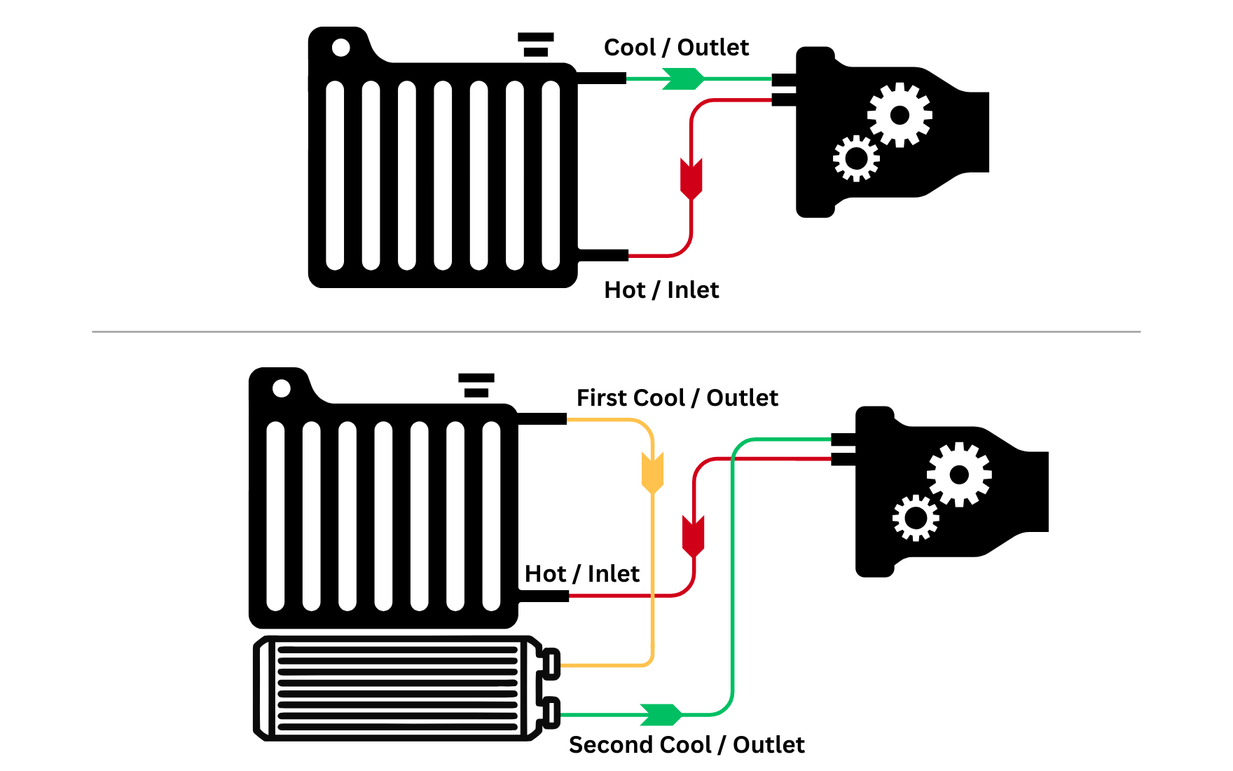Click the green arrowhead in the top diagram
coord(683,79)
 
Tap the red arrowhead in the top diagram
coord(691,178)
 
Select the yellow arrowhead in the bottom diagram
coord(652,472)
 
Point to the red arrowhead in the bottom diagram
coord(694,536)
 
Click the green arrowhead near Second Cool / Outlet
coord(661,714)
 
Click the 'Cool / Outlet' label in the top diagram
coord(676,48)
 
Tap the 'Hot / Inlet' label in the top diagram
coord(661,290)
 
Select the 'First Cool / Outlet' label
coord(677,398)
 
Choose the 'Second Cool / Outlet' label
coord(687,745)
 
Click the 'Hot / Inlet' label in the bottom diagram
coord(581,574)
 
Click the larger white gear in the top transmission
coord(900,115)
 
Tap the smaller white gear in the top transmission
coord(856,158)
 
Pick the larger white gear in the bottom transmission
coord(959,475)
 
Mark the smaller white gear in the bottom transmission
coord(916,518)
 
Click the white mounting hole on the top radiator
coord(341,48)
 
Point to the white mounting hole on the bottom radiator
coord(282,388)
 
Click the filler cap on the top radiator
coord(536,44)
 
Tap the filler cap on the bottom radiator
coord(476,385)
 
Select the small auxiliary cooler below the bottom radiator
coord(399,688)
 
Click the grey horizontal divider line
coord(616,332)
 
